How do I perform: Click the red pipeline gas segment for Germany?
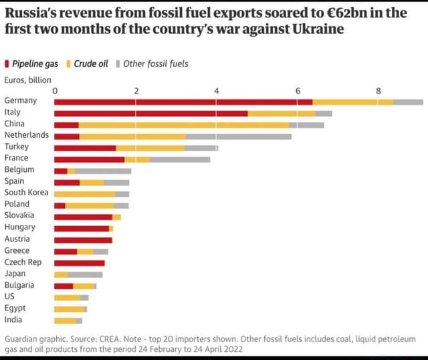point(183,102)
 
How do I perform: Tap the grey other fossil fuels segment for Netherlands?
point(238,136)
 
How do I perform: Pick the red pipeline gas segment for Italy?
point(150,113)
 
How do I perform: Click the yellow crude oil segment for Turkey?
point(150,147)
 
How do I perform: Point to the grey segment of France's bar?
point(180,159)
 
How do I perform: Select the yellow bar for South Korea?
point(84,193)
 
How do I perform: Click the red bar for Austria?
point(83,239)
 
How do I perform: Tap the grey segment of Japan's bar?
point(85,274)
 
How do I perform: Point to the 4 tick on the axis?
point(217,90)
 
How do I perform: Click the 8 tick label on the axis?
point(379,90)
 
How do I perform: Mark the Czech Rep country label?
point(23,262)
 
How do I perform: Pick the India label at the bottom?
point(13,319)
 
